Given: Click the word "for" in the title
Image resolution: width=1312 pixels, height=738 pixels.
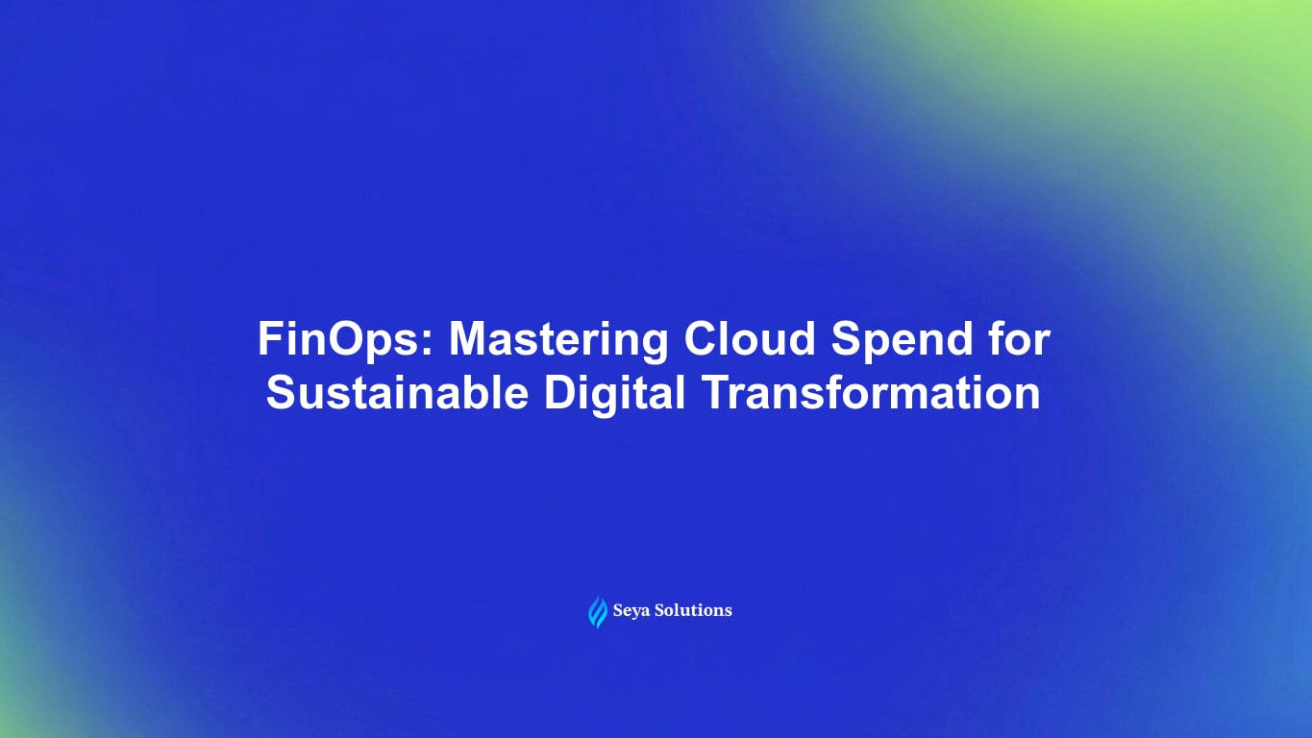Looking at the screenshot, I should (x=1016, y=340).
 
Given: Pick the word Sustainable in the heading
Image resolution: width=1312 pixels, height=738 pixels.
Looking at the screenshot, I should (x=397, y=394).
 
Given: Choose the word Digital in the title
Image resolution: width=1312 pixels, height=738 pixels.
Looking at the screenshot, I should (x=614, y=394).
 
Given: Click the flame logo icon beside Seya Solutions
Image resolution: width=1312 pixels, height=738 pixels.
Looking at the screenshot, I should (x=598, y=611).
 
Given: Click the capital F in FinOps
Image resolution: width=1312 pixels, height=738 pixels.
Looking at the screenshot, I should (x=269, y=340).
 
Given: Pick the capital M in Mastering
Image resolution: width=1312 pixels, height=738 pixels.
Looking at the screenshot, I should (x=469, y=340).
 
